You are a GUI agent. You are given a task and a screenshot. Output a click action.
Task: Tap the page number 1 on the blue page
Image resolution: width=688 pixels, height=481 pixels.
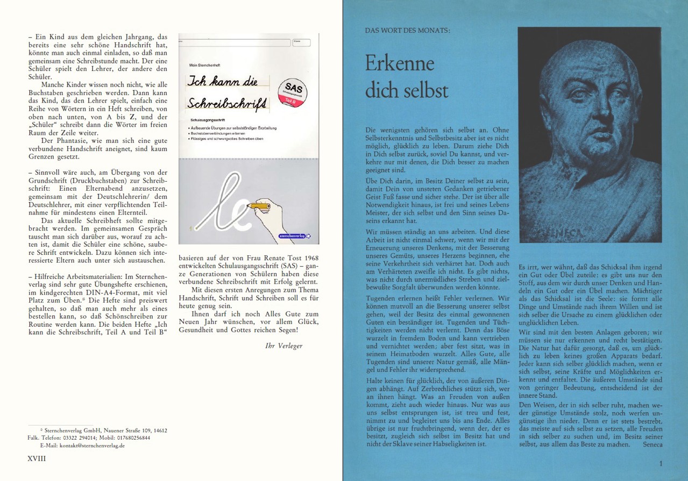point(660,463)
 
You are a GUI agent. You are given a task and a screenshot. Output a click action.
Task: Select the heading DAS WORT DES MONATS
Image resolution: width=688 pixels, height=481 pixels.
point(408,31)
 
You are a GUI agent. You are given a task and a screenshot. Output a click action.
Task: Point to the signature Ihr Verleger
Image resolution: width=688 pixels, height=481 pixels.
point(284,346)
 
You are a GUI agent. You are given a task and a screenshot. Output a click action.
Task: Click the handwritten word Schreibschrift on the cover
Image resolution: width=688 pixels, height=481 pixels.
point(228,103)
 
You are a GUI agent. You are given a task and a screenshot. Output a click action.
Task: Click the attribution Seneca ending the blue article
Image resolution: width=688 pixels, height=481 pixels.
point(652,444)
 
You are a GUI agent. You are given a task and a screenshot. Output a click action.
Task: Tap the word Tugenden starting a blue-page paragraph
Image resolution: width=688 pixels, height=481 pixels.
point(380,297)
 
